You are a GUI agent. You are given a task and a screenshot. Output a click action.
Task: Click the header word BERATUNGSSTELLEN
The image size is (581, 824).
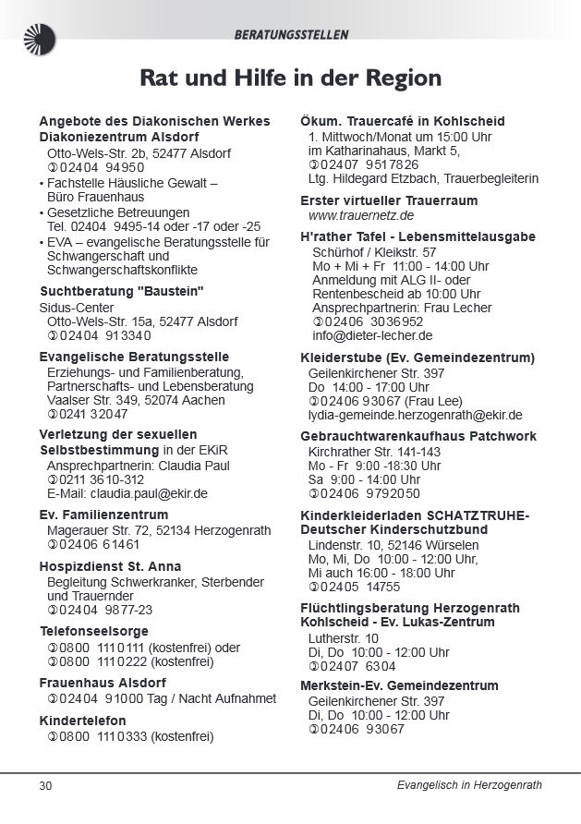tap(291, 35)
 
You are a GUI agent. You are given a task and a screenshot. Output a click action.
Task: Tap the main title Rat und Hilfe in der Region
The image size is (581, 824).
tap(290, 78)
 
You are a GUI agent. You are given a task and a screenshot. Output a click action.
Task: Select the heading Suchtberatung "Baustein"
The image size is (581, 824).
tap(121, 292)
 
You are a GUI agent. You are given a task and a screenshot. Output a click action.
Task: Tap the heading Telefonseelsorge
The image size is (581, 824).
tap(93, 632)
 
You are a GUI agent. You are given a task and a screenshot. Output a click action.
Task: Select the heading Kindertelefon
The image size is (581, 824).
tap(83, 721)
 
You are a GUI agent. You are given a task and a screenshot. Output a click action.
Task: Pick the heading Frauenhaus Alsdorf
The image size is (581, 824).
tap(102, 683)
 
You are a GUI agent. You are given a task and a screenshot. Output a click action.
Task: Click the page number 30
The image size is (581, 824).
tap(45, 785)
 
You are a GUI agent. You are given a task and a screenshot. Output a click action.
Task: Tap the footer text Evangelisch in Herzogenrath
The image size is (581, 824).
tap(468, 785)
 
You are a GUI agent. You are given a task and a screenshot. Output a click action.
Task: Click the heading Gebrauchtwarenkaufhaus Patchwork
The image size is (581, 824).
tap(418, 436)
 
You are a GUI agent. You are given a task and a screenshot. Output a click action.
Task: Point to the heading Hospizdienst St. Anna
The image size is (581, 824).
tap(110, 566)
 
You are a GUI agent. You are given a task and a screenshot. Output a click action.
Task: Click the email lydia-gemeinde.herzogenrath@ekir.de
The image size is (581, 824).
tap(415, 415)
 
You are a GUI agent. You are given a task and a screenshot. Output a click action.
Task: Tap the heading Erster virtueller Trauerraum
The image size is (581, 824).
tap(389, 200)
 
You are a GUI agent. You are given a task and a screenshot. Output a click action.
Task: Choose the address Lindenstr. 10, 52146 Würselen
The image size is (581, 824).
tap(393, 545)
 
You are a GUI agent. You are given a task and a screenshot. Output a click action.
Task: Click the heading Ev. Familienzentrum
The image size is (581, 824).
tap(103, 515)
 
